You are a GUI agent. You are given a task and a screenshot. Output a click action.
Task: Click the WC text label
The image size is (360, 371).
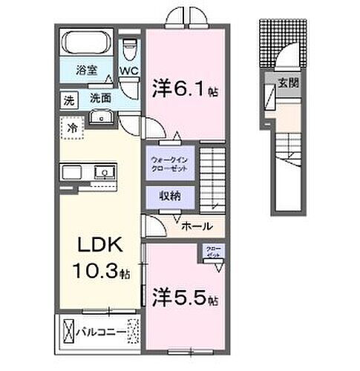(x=130, y=72)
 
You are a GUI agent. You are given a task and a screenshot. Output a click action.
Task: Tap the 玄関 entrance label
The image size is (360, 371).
(x=288, y=84)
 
